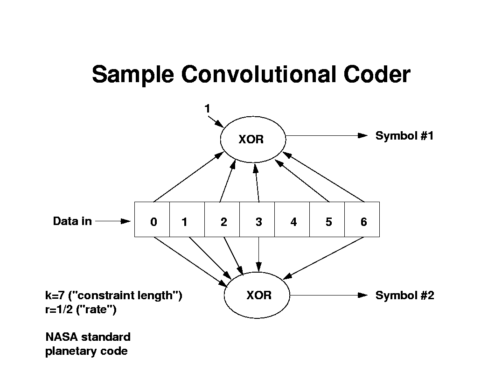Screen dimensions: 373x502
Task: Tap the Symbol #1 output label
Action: (x=404, y=136)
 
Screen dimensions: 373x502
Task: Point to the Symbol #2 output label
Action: (x=404, y=296)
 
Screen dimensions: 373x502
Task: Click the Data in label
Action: (x=72, y=221)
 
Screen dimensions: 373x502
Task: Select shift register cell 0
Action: (x=152, y=219)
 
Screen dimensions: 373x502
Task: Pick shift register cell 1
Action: (x=187, y=219)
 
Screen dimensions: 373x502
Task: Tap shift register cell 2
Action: (x=222, y=219)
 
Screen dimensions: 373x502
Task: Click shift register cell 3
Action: (x=257, y=219)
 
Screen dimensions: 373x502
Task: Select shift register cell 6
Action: (x=362, y=219)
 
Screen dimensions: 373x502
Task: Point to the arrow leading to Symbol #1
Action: (x=327, y=135)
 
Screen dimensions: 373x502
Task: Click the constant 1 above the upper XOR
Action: (x=207, y=109)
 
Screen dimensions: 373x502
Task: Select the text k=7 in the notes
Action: (x=54, y=296)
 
